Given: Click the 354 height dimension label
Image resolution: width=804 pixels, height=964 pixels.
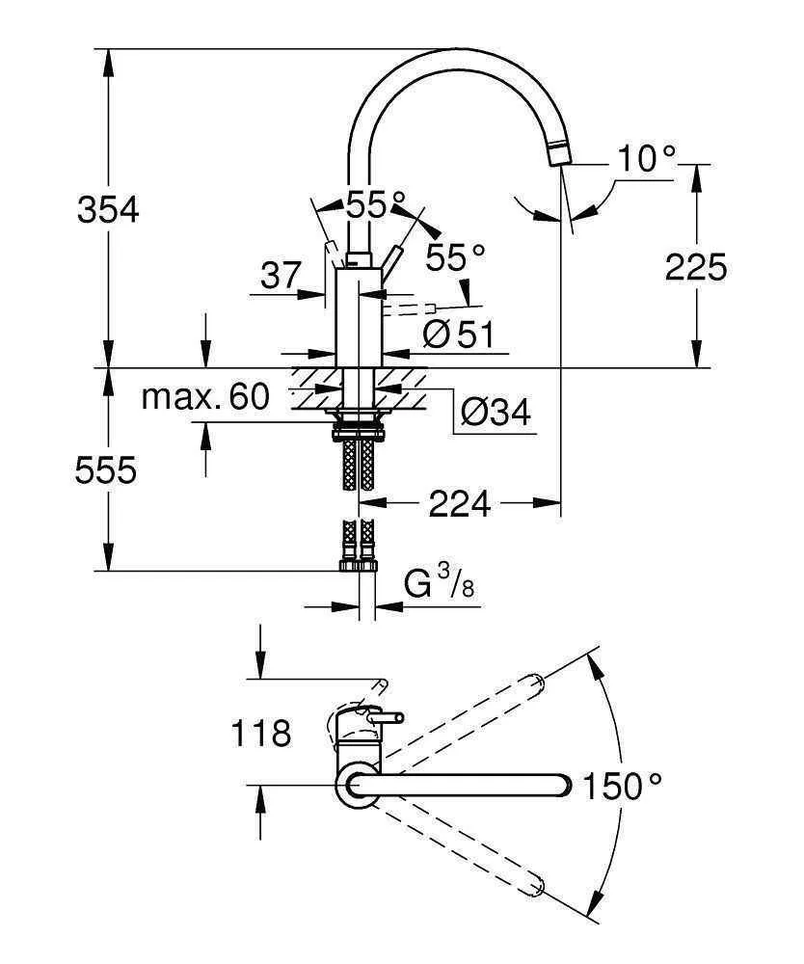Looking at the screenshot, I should point(107,209).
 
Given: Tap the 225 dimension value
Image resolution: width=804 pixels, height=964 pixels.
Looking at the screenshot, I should point(696,267).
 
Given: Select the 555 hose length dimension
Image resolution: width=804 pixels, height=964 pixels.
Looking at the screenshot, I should point(107,470).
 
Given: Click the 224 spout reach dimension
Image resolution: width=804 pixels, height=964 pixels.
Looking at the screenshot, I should point(459,502).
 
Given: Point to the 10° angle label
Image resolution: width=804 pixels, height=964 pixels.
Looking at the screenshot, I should point(647,157).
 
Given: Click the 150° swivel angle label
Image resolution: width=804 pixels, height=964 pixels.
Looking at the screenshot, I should point(623,787).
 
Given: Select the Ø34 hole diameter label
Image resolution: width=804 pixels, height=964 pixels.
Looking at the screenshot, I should point(495,413).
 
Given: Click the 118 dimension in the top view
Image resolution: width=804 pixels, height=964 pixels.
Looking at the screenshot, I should point(260,735).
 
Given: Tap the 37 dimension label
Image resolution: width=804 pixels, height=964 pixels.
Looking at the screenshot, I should point(281,277).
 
